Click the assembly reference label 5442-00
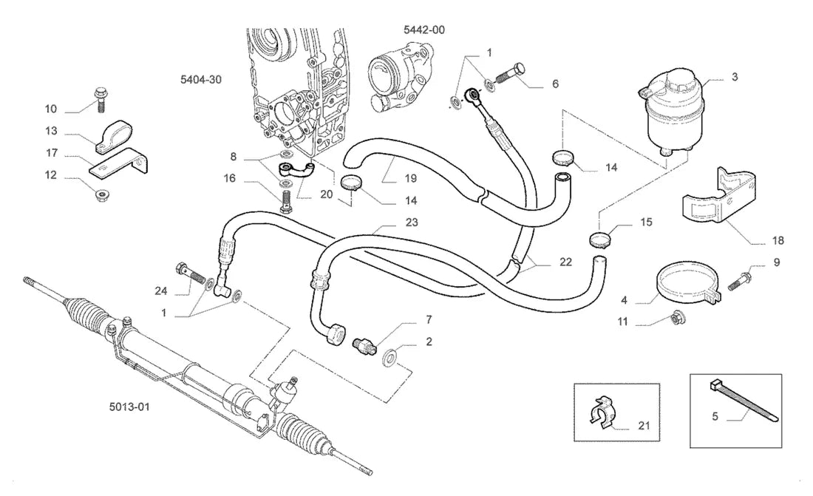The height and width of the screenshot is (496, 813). pyautogui.click(x=424, y=30)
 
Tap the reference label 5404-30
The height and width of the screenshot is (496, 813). pyautogui.click(x=200, y=79)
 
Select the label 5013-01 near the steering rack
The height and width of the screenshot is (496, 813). pyautogui.click(x=129, y=407)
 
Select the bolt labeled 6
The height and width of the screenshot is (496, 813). pyautogui.click(x=511, y=74)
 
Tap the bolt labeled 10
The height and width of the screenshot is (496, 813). pyautogui.click(x=100, y=100)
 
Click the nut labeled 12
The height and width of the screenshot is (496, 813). pyautogui.click(x=102, y=196)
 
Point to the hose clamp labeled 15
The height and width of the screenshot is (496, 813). pyautogui.click(x=599, y=240)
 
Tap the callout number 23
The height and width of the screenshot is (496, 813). pyautogui.click(x=411, y=222)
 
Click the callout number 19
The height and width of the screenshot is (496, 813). pyautogui.click(x=410, y=178)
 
